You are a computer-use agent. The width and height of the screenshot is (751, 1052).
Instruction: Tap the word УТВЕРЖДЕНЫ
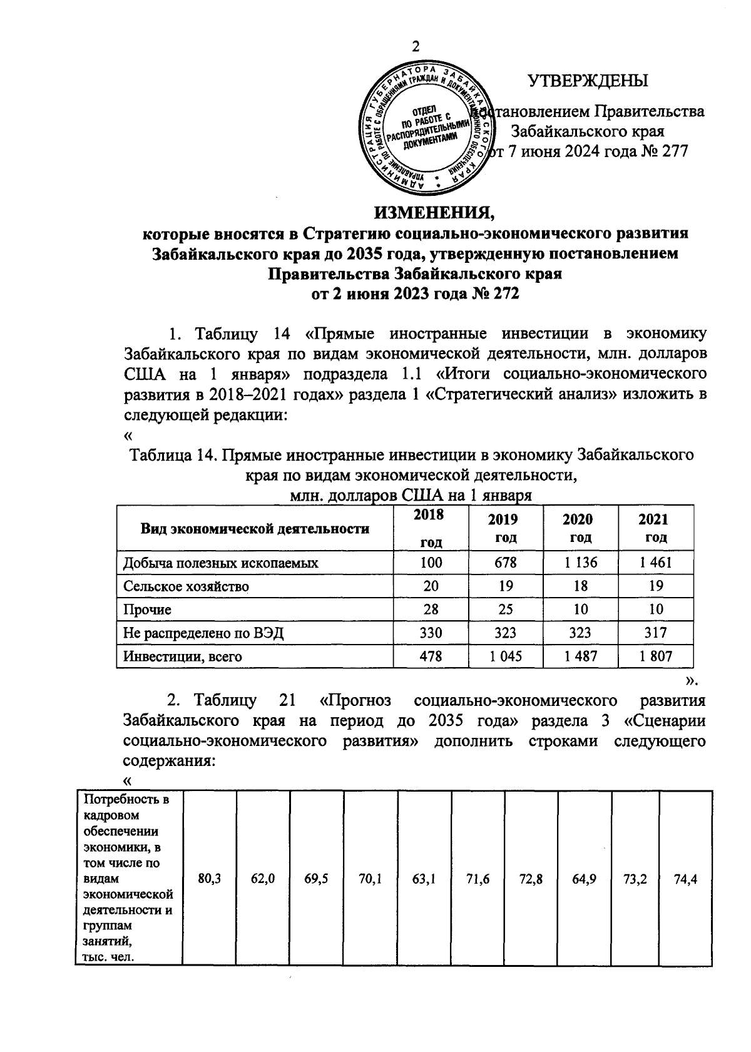click(588, 81)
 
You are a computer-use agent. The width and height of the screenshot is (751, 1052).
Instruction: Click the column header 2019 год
click(505, 528)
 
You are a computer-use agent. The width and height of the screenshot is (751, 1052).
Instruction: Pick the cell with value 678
click(505, 563)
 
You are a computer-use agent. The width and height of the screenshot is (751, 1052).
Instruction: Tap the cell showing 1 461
click(655, 563)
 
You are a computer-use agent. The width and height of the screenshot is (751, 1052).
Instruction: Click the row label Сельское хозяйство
click(186, 586)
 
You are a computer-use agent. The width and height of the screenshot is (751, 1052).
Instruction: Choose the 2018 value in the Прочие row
click(431, 610)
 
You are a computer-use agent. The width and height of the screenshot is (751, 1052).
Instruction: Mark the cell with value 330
click(431, 633)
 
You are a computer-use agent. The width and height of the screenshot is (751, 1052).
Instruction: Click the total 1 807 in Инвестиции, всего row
click(655, 656)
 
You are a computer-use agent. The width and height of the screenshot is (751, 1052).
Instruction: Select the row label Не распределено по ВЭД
click(203, 633)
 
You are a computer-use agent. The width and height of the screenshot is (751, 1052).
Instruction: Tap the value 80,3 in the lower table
click(209, 879)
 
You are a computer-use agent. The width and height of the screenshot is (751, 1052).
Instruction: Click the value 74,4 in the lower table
click(685, 879)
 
